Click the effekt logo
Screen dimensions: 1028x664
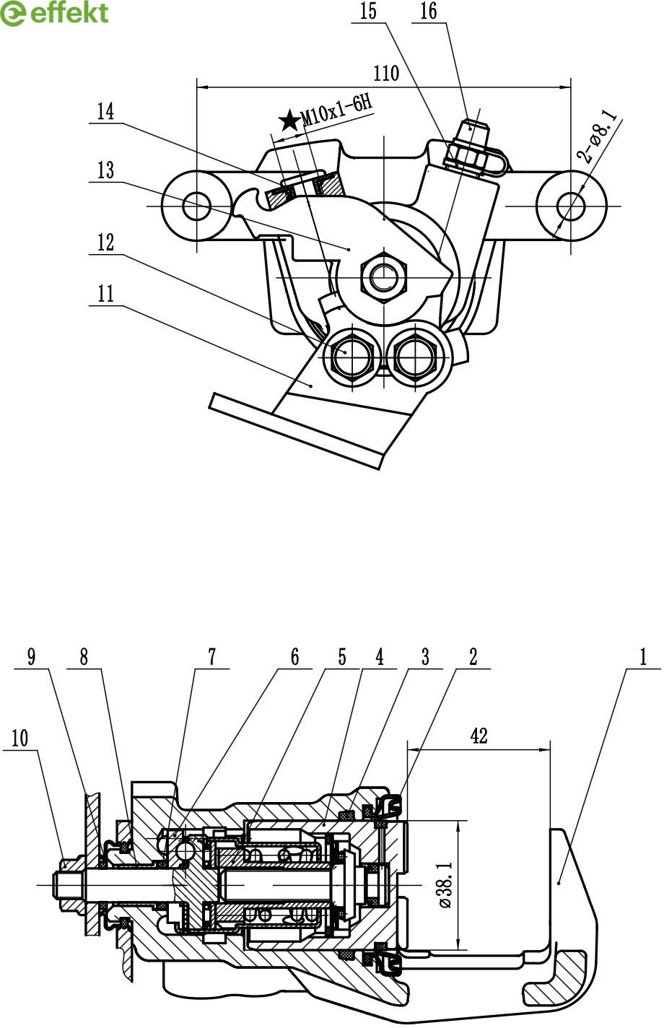point(55,13)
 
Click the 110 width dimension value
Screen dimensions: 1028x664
point(387,73)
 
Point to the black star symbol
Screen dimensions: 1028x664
point(289,121)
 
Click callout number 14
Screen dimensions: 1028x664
point(105,112)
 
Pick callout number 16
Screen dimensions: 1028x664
point(428,12)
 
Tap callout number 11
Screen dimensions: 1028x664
point(105,294)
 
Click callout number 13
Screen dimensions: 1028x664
point(105,170)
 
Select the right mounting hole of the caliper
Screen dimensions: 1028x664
point(572,206)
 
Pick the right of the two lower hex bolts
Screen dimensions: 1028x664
point(413,353)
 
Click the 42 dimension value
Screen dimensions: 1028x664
point(479,736)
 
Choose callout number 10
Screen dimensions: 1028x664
point(19,738)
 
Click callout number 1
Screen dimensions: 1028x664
point(642,657)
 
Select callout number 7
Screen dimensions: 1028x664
point(212,657)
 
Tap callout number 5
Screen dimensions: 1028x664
point(342,657)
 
